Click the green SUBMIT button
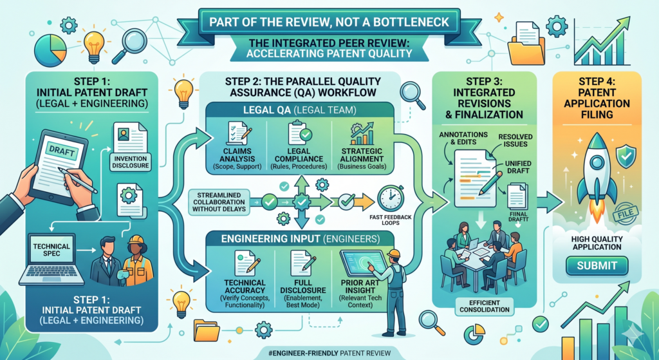click(597, 266)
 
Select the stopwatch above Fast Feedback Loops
click(391, 198)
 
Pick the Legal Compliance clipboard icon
click(300, 132)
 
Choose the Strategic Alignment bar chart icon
click(362, 133)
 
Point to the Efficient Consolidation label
click(485, 306)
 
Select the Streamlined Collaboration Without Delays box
click(219, 202)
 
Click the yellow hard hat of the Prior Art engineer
click(394, 253)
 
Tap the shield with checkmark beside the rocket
click(626, 155)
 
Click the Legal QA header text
click(300, 111)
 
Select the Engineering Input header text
click(300, 239)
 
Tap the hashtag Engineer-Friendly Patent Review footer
click(329, 353)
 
